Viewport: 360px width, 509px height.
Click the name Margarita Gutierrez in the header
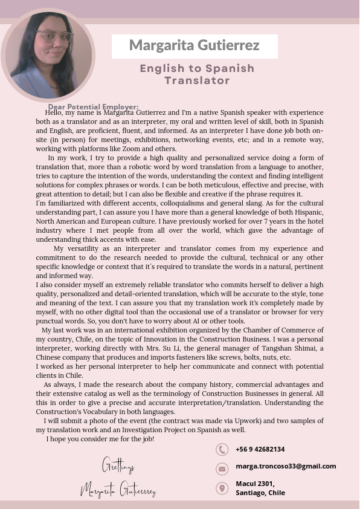194,46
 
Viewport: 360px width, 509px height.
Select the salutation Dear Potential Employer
94,107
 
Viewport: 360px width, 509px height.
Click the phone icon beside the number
222,449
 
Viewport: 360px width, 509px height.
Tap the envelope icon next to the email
222,468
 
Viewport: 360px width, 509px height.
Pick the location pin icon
222,488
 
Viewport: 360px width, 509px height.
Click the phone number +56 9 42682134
260,449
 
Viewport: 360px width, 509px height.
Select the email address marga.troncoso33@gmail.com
286,466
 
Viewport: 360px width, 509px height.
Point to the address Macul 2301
255,484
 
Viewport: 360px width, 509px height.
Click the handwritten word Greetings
118,467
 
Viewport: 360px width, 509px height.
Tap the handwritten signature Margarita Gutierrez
118,490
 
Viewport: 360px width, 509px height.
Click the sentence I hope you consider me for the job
100,438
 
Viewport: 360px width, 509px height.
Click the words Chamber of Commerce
283,330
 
